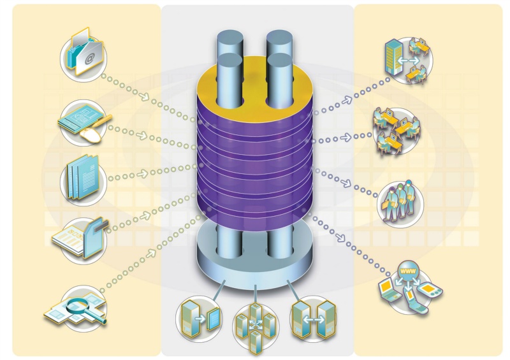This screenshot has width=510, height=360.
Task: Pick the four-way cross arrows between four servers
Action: (255, 324)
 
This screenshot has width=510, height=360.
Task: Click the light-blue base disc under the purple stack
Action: (255, 255)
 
